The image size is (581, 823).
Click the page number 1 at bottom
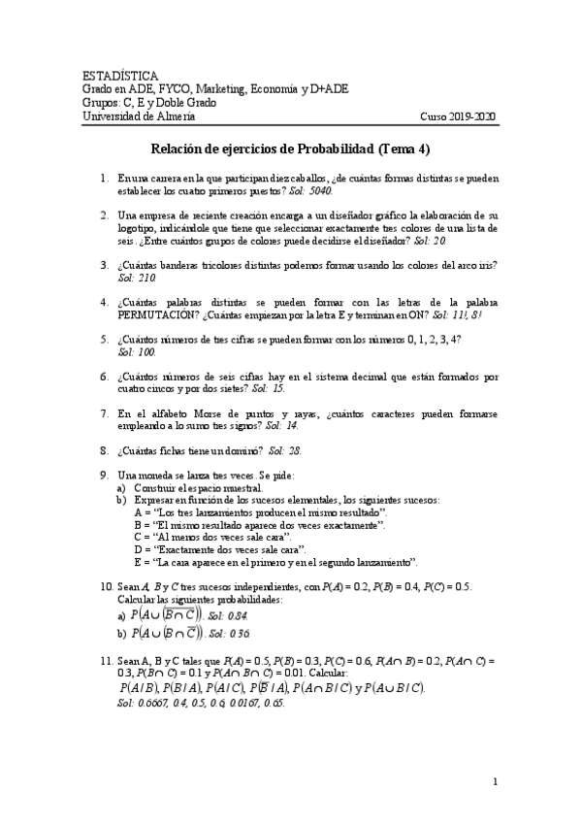click(x=495, y=781)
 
